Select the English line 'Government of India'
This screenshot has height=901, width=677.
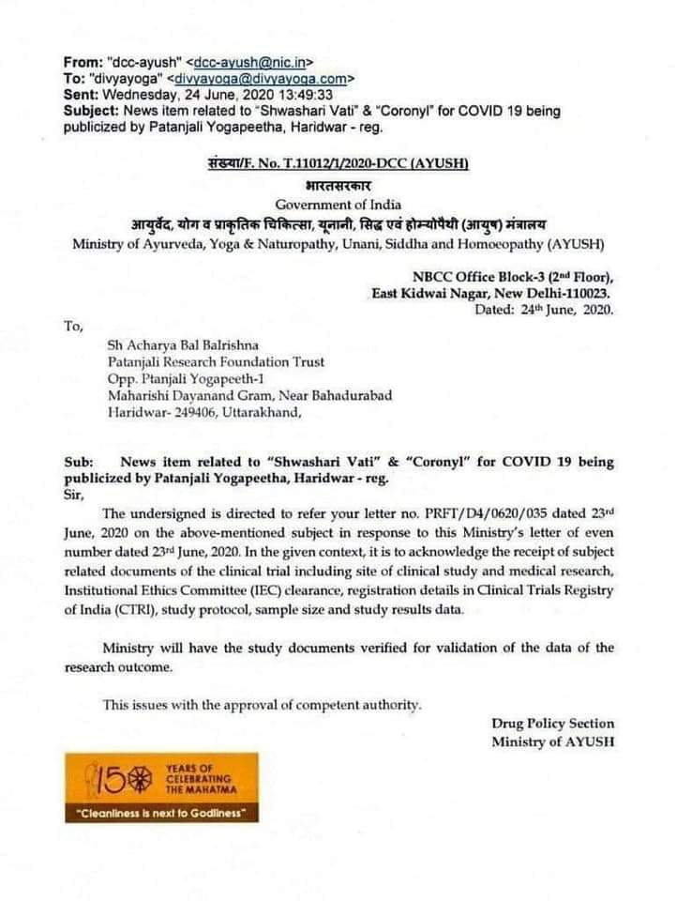(338, 205)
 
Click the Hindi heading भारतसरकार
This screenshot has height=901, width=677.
(338, 185)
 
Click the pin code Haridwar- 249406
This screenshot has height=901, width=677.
(157, 412)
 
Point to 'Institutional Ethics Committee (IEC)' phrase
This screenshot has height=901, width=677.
(184, 592)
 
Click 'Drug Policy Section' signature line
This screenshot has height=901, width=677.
(552, 724)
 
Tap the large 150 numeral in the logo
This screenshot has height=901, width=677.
(114, 777)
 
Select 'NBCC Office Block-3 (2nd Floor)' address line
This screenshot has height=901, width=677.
(513, 276)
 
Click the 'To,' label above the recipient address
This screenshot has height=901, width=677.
(73, 327)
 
